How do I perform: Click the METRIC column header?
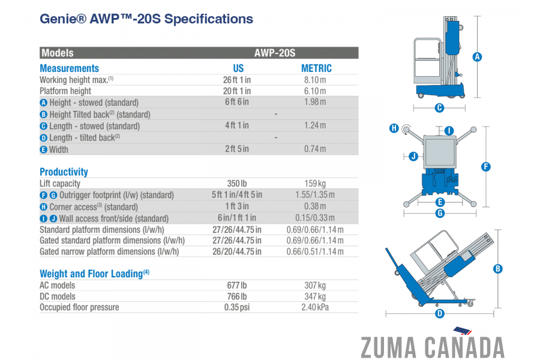(x=316, y=68)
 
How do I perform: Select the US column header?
(x=238, y=68)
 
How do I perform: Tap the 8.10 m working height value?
(x=315, y=80)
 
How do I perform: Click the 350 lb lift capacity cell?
(x=236, y=184)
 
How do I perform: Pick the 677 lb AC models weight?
(x=236, y=285)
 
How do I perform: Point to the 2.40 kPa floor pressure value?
(x=315, y=307)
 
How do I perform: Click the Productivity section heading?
(x=64, y=172)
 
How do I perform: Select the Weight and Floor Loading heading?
(x=94, y=274)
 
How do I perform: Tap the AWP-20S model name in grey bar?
(x=274, y=53)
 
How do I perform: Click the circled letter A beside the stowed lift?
(x=477, y=57)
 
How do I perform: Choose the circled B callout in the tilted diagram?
(x=497, y=269)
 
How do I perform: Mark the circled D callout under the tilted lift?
(x=439, y=313)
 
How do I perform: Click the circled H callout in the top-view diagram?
(x=394, y=128)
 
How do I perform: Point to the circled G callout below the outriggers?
(x=440, y=213)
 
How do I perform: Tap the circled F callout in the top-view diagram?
(x=485, y=167)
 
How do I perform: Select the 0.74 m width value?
(x=315, y=149)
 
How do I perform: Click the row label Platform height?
(x=65, y=91)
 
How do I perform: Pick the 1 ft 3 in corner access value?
(x=237, y=206)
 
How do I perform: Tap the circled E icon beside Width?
(x=43, y=149)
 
